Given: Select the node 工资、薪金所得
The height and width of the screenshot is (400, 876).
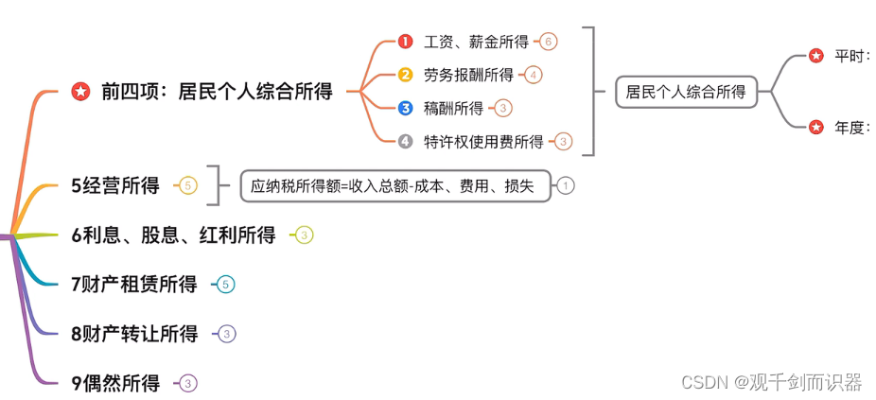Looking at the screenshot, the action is coord(477,42).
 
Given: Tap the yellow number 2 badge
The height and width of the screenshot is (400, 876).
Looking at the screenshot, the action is coord(405,75).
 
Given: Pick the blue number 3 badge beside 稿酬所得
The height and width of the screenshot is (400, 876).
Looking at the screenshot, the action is coord(405,109).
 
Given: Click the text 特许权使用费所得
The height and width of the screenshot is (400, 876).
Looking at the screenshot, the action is coord(483,142).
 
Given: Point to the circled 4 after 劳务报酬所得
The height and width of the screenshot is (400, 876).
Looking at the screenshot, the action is coord(534,75).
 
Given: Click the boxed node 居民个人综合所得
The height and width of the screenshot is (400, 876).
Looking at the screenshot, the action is coord(686,93).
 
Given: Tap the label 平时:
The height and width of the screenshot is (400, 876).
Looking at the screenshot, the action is coord(851,57).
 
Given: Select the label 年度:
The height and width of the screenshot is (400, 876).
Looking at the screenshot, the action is coord(851,128).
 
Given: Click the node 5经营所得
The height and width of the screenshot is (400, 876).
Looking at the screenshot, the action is coord(115,185).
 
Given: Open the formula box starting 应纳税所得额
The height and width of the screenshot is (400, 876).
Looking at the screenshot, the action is coord(393,186).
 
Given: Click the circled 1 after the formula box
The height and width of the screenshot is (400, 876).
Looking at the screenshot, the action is coord(566,186).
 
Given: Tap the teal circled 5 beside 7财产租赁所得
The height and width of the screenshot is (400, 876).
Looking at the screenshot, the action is coord(225,284).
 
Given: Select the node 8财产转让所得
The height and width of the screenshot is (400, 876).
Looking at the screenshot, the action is coord(134,333).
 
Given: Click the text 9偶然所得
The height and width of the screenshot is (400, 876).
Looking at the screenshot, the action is coord(115,383).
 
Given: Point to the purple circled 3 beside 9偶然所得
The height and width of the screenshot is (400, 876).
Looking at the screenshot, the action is coord(188,383).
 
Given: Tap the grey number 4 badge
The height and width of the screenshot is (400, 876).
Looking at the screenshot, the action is coord(405,142).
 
